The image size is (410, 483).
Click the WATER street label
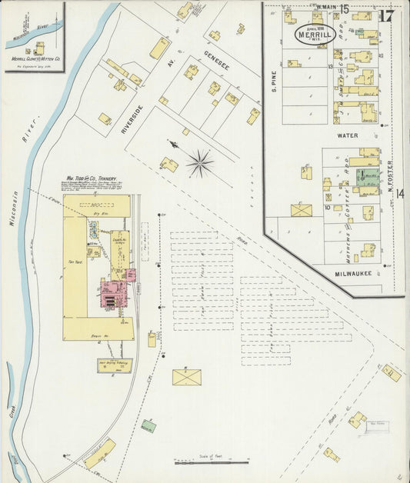coord(347,135)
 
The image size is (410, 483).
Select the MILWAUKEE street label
coord(353,273)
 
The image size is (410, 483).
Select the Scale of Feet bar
coord(212,462)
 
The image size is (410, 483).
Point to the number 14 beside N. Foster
coord(399,192)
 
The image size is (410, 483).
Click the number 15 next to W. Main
coord(345,9)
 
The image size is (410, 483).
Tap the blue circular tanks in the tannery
coord(94,228)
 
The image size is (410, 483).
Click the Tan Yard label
coord(75,261)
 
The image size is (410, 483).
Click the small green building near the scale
coord(148,425)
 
